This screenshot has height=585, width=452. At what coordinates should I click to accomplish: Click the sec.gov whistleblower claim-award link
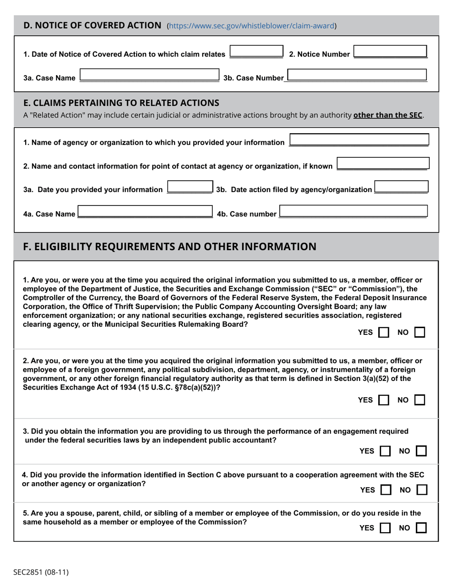(252, 26)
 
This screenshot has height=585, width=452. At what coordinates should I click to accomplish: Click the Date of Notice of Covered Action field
(256, 51)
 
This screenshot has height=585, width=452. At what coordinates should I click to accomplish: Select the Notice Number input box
(390, 52)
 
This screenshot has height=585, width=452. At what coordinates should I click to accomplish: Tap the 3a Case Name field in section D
(149, 75)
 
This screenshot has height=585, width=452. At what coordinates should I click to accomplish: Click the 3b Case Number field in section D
(357, 75)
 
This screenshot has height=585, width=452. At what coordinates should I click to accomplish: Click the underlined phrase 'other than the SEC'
(388, 115)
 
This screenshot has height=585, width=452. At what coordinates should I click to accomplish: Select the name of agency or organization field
(359, 140)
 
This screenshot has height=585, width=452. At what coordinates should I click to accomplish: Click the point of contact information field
(383, 164)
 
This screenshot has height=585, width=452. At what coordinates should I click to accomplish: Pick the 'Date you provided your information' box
(190, 187)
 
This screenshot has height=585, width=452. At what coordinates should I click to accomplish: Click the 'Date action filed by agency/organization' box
(401, 187)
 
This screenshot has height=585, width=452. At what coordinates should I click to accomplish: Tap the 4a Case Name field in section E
(145, 211)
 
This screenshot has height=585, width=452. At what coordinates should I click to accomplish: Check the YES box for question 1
(383, 332)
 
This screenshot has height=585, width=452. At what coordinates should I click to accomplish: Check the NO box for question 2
(420, 400)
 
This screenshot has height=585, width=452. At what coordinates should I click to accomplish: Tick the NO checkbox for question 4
(422, 489)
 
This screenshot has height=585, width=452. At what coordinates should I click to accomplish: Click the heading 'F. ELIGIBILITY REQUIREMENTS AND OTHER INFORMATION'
(169, 246)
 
